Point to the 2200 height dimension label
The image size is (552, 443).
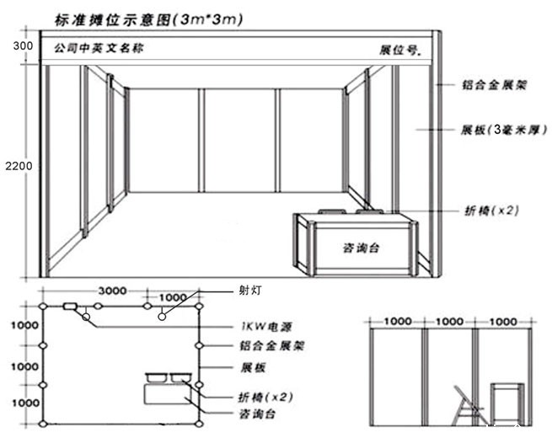pyautogui.click(x=18, y=166)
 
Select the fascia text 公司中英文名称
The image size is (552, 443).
pyautogui.click(x=98, y=48)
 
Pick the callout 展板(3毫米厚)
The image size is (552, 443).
pyautogui.click(x=500, y=131)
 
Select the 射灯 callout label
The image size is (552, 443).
pyautogui.click(x=250, y=290)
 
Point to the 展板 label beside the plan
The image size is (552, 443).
pyautogui.click(x=253, y=368)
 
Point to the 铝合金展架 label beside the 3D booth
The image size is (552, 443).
pyautogui.click(x=501, y=86)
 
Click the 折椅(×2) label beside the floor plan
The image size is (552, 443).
pyautogui.click(x=260, y=396)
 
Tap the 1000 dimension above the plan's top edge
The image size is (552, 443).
pyautogui.click(x=173, y=297)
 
